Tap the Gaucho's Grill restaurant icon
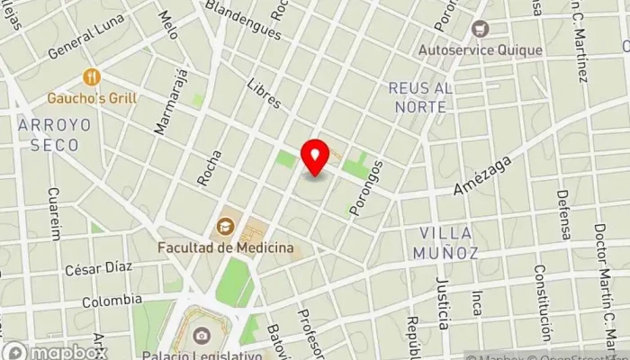click(90, 78)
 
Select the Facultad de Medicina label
click(227, 246)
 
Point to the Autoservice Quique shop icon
click(480, 30)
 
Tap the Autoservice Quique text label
click(481, 49)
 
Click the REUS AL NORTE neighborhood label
click(418, 97)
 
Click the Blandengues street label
click(243, 20)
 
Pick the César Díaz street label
click(98, 268)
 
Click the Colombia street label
click(112, 301)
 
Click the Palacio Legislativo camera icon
click(202, 336)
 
